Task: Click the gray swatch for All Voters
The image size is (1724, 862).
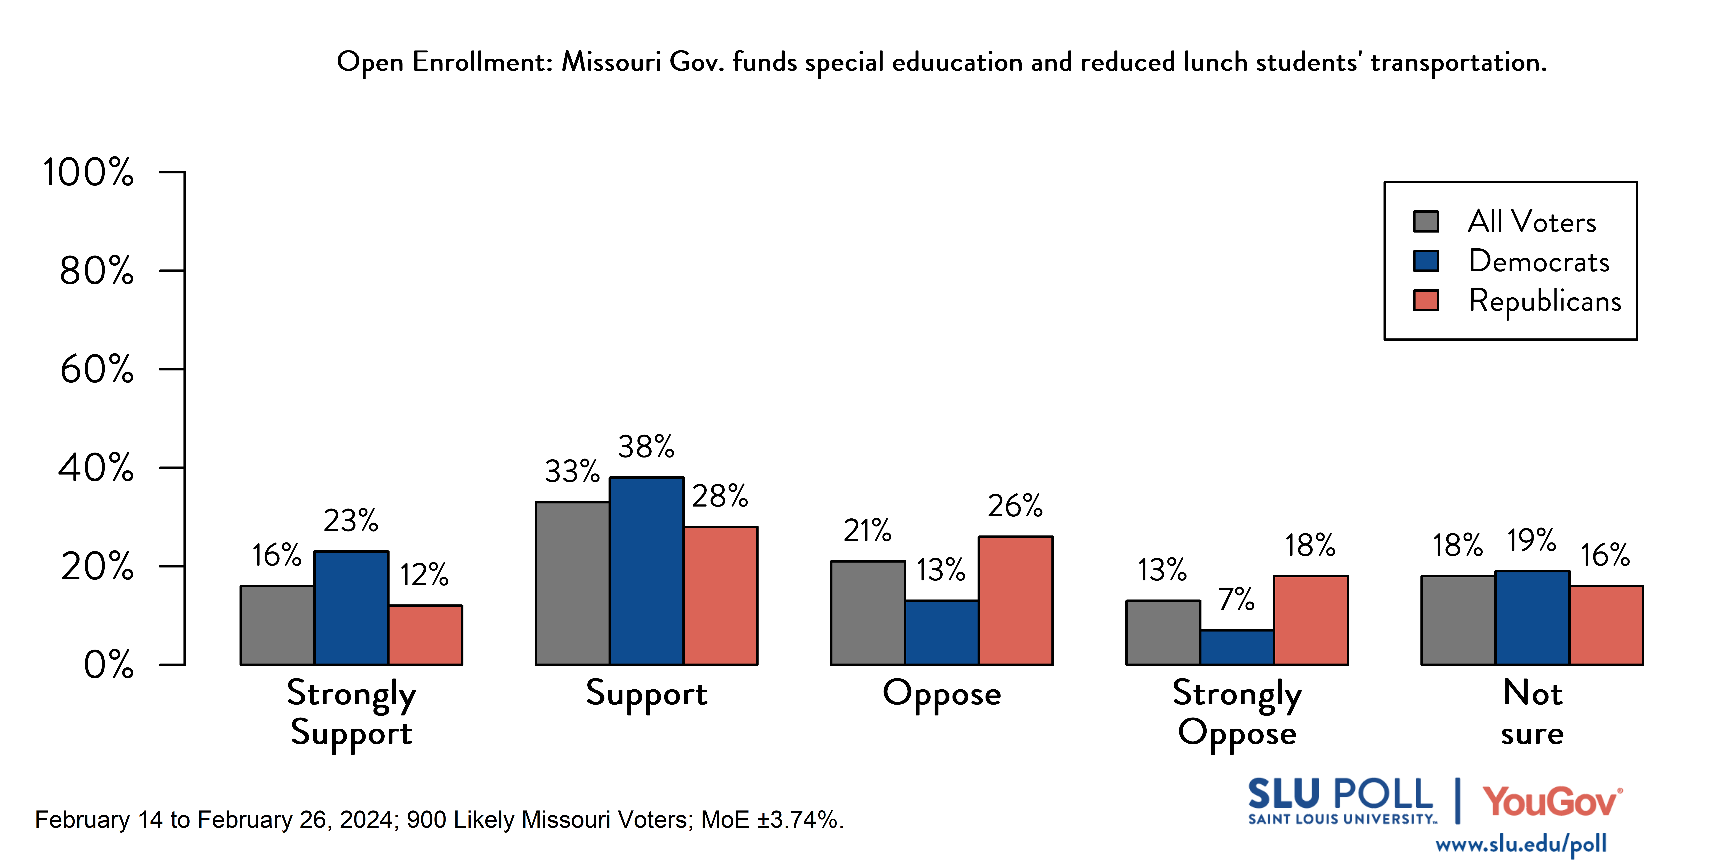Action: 1426,221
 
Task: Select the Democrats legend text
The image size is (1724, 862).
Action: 1539,261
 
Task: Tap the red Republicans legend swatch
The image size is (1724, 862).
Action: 1426,300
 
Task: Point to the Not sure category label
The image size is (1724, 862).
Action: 1532,713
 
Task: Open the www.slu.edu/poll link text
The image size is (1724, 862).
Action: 1521,844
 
